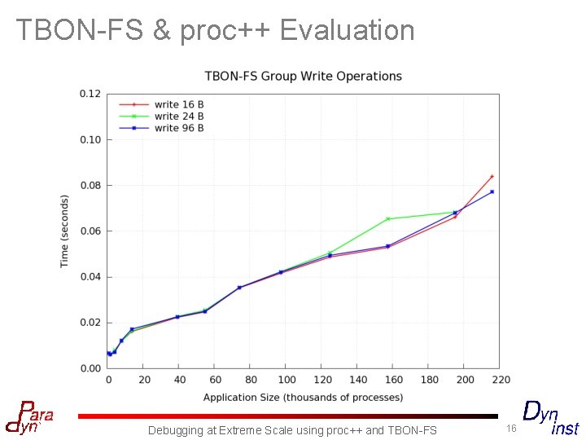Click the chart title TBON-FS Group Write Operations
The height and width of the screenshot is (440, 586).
coord(303,76)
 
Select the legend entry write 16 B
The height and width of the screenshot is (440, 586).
coord(178,104)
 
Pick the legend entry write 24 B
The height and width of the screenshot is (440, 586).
coord(178,117)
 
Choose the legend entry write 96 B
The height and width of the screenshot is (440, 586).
coord(178,128)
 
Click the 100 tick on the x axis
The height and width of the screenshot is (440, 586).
coord(286,380)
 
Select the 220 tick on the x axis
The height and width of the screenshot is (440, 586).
coord(500,380)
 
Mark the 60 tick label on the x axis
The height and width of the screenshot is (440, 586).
coord(216,380)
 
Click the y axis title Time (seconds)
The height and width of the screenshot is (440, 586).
coord(65,231)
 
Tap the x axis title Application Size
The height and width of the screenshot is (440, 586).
coord(303,398)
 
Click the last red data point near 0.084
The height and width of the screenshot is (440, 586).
coord(492,176)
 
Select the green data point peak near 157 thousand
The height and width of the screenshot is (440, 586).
coord(388,218)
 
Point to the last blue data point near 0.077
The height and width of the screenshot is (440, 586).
coord(492,191)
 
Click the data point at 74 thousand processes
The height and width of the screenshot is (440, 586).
coord(239,287)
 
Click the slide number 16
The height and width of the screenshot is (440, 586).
coord(511,429)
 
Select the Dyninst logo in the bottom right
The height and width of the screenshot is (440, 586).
coord(550,417)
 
